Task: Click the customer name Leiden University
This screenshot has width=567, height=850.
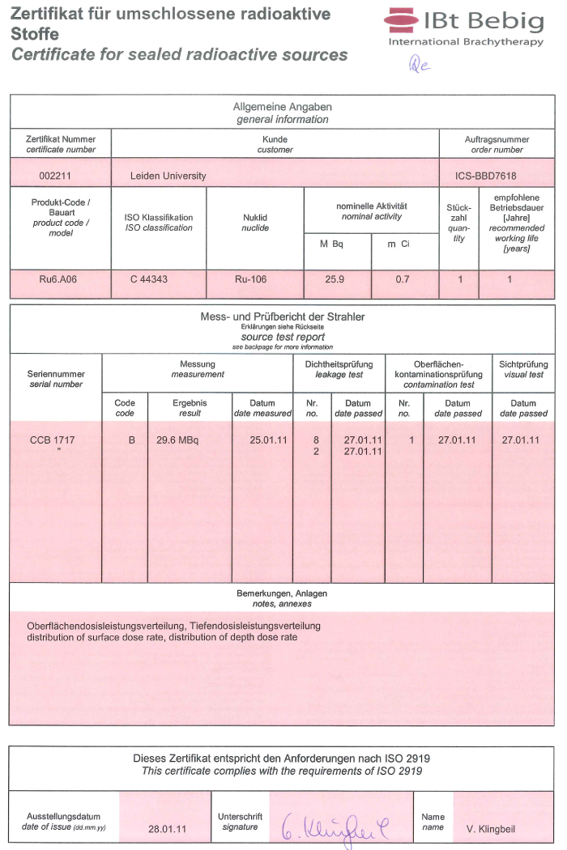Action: click(x=168, y=176)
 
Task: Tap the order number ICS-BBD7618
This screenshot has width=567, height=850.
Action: click(x=486, y=176)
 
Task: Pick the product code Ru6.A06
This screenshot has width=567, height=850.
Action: click(x=60, y=280)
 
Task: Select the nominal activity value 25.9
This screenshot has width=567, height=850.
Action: click(x=336, y=280)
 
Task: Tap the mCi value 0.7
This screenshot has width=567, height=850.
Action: click(x=403, y=280)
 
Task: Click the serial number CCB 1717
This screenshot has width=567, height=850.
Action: click(x=51, y=440)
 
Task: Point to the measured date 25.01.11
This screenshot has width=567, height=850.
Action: click(x=269, y=440)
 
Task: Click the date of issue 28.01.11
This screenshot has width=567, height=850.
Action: click(x=168, y=829)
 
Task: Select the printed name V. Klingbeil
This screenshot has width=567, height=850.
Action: click(x=491, y=829)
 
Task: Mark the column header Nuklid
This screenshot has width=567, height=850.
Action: click(x=255, y=218)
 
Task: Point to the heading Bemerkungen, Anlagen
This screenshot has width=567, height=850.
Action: click(x=282, y=593)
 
